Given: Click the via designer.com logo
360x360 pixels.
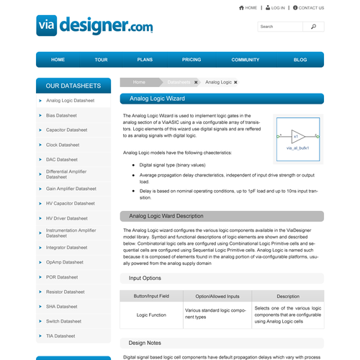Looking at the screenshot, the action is coord(94,26).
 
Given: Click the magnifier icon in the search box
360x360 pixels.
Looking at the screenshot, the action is coord(313,27).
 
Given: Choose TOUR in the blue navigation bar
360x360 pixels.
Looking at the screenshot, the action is coord(101,60).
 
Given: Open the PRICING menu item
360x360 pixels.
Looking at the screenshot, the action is coord(192,60).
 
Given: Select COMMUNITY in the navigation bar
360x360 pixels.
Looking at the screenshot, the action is coord(245,60).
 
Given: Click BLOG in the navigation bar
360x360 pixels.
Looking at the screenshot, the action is coord(300,60).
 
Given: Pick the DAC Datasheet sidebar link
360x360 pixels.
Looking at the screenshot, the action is coord(61,159).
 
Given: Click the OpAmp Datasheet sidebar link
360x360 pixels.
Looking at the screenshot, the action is coord(64,262).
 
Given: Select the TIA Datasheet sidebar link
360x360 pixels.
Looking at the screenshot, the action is coord(60,336).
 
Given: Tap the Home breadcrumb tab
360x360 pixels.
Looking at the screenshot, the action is coord(139,82).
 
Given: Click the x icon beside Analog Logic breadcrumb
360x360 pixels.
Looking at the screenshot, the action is coord(235,82).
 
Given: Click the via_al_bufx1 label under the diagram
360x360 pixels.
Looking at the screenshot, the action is coord(297,147).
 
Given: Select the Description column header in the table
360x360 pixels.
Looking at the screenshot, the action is coord(287,296).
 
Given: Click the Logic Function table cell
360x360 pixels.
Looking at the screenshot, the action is coord(152,315).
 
